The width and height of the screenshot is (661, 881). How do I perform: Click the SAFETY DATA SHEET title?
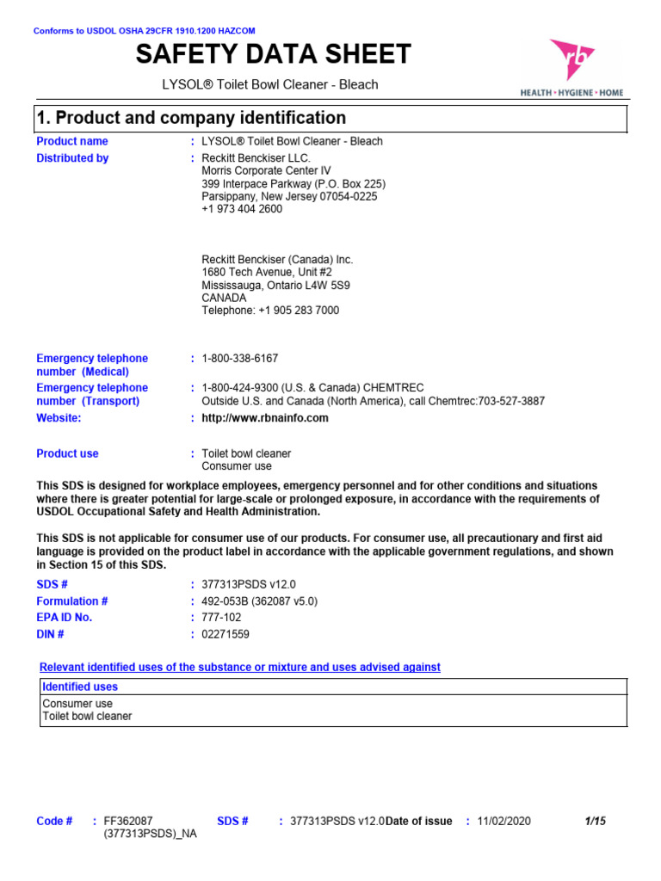tap(274, 54)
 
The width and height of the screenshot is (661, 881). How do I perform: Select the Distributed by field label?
tap(72, 158)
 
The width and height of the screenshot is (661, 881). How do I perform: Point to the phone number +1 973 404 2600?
tap(242, 209)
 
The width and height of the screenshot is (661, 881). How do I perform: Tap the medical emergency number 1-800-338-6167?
tap(240, 358)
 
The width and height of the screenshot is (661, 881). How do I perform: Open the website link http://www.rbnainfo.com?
tap(265, 418)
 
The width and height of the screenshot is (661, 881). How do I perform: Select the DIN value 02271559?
tap(226, 634)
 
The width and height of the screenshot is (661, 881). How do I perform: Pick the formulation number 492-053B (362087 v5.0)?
tap(259, 601)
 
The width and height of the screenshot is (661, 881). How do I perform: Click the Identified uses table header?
tap(80, 687)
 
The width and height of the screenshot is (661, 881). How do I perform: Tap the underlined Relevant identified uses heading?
tap(240, 667)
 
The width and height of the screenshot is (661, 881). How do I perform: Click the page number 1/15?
tap(595, 821)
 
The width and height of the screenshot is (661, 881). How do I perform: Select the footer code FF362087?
tap(128, 821)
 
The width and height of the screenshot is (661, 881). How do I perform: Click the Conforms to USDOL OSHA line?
tap(144, 31)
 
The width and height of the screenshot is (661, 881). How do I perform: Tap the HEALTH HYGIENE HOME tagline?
tap(571, 92)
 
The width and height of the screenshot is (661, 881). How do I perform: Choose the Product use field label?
tap(67, 453)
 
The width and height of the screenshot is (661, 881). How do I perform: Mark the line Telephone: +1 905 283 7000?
tap(270, 311)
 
